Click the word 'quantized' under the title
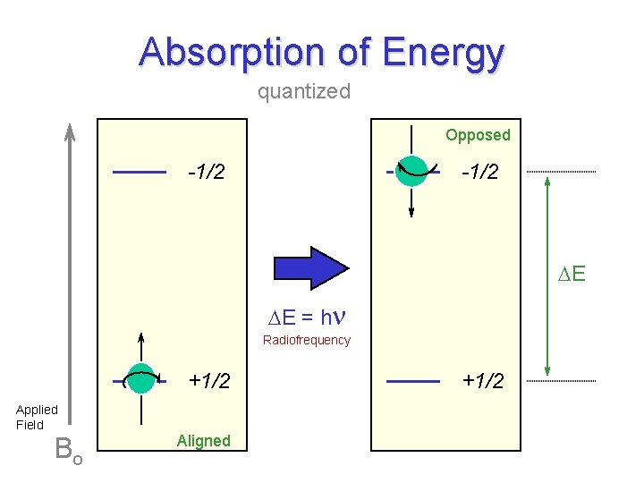coord(304,91)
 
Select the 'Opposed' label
coord(478,135)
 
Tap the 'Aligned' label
coord(203,440)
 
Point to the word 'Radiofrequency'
coord(307,340)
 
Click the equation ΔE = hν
coord(308,316)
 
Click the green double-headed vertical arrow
coord(547,275)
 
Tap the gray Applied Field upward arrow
coord(70,268)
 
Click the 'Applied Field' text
coord(37,417)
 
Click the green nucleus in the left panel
coord(140,379)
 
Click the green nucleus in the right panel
coord(412,170)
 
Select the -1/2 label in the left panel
coord(206,172)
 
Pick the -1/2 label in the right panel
coord(479,172)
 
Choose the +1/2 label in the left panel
coord(209,381)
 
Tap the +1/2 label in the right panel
coord(483,381)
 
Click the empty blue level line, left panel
coord(140,171)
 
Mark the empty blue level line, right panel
coord(413,381)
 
